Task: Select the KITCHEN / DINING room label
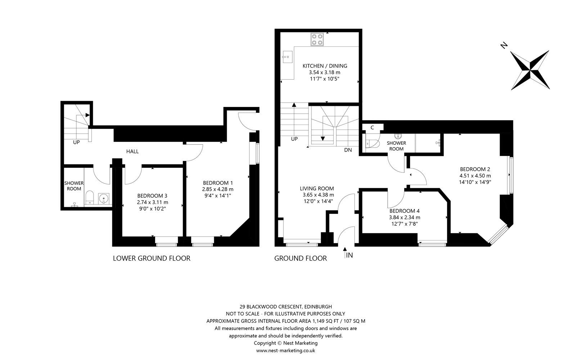(325, 66)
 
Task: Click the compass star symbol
(530, 70)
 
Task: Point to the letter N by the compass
(504, 45)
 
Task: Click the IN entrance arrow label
(349, 255)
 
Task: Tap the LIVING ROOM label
(317, 188)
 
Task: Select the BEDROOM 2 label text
(475, 169)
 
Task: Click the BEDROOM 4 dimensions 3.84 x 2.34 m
(404, 217)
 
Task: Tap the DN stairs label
(348, 150)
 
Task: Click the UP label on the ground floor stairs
(294, 139)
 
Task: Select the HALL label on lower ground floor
(132, 152)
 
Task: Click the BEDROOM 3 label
(153, 196)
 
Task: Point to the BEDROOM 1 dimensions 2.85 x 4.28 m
(217, 189)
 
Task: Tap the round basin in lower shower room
(104, 198)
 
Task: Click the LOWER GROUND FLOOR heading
(152, 258)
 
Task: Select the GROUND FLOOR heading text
(301, 258)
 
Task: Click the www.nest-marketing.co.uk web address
(286, 350)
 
